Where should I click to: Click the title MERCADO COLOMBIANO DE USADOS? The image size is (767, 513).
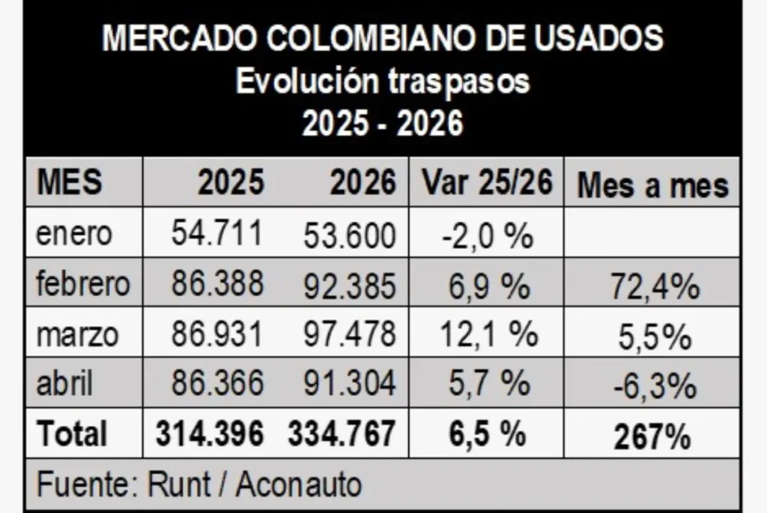[x=383, y=37]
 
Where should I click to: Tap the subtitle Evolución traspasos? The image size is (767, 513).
[x=383, y=81]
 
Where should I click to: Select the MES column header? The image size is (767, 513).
[x=70, y=181]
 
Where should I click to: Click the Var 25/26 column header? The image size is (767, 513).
[x=487, y=181]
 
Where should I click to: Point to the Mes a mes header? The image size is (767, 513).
[x=653, y=185]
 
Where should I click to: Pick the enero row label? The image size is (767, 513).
[x=74, y=234]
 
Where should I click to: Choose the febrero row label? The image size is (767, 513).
[x=83, y=283]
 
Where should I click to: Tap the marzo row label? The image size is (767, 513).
[x=77, y=335]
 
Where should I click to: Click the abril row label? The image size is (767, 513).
[x=64, y=382]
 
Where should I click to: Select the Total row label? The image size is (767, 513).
[x=72, y=433]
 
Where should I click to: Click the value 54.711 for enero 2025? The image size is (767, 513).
[x=216, y=232]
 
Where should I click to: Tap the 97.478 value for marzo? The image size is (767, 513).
[x=349, y=334]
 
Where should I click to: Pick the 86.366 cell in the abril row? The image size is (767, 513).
[x=217, y=382]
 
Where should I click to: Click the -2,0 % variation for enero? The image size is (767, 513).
[x=487, y=236]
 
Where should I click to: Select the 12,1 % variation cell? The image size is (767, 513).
[x=489, y=334]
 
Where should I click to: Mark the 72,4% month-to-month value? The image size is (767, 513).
[x=655, y=286]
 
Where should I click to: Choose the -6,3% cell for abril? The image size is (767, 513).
[x=655, y=385]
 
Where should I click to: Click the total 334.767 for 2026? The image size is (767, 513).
[x=342, y=433]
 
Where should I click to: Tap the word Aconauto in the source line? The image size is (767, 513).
[x=299, y=484]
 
